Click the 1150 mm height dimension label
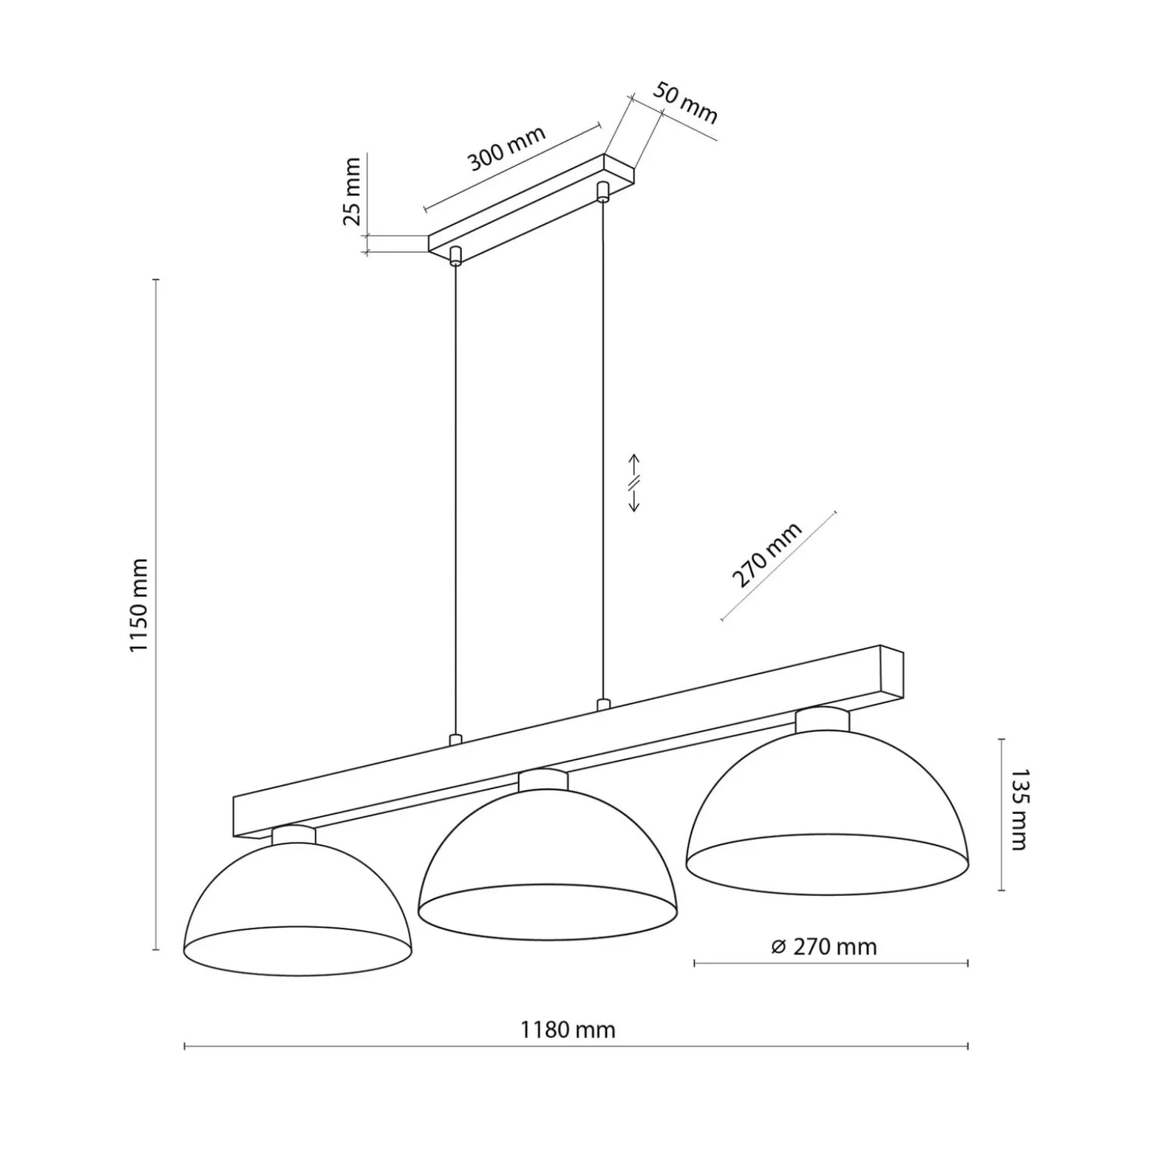[139, 605]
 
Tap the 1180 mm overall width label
[568, 1030]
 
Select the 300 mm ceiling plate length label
[507, 148]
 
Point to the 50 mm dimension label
[684, 102]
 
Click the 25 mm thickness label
[353, 191]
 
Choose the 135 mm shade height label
[1019, 810]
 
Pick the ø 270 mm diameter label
[823, 947]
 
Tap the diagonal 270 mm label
[766, 554]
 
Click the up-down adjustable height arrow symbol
[633, 483]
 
